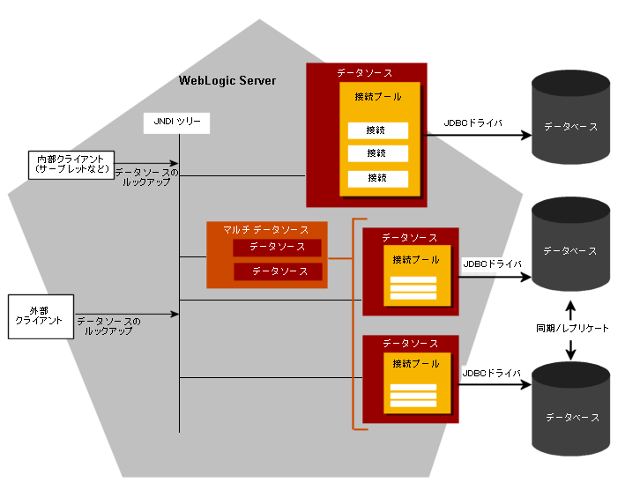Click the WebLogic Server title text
[x=227, y=81]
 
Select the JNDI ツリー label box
[x=176, y=123]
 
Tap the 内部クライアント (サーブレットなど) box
[x=71, y=163]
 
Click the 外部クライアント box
[x=40, y=316]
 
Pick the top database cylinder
[x=570, y=123]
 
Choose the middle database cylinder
[x=570, y=247]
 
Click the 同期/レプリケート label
[x=572, y=328]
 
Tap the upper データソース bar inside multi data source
[x=278, y=247]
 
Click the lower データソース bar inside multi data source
[x=278, y=271]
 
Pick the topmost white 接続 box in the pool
[x=377, y=130]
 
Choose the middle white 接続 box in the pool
[x=377, y=154]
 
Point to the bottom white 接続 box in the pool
[x=377, y=178]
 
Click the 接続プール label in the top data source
[x=378, y=96]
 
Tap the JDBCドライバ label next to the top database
[x=472, y=124]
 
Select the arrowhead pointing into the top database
[x=526, y=136]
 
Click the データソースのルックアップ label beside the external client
[x=108, y=326]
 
